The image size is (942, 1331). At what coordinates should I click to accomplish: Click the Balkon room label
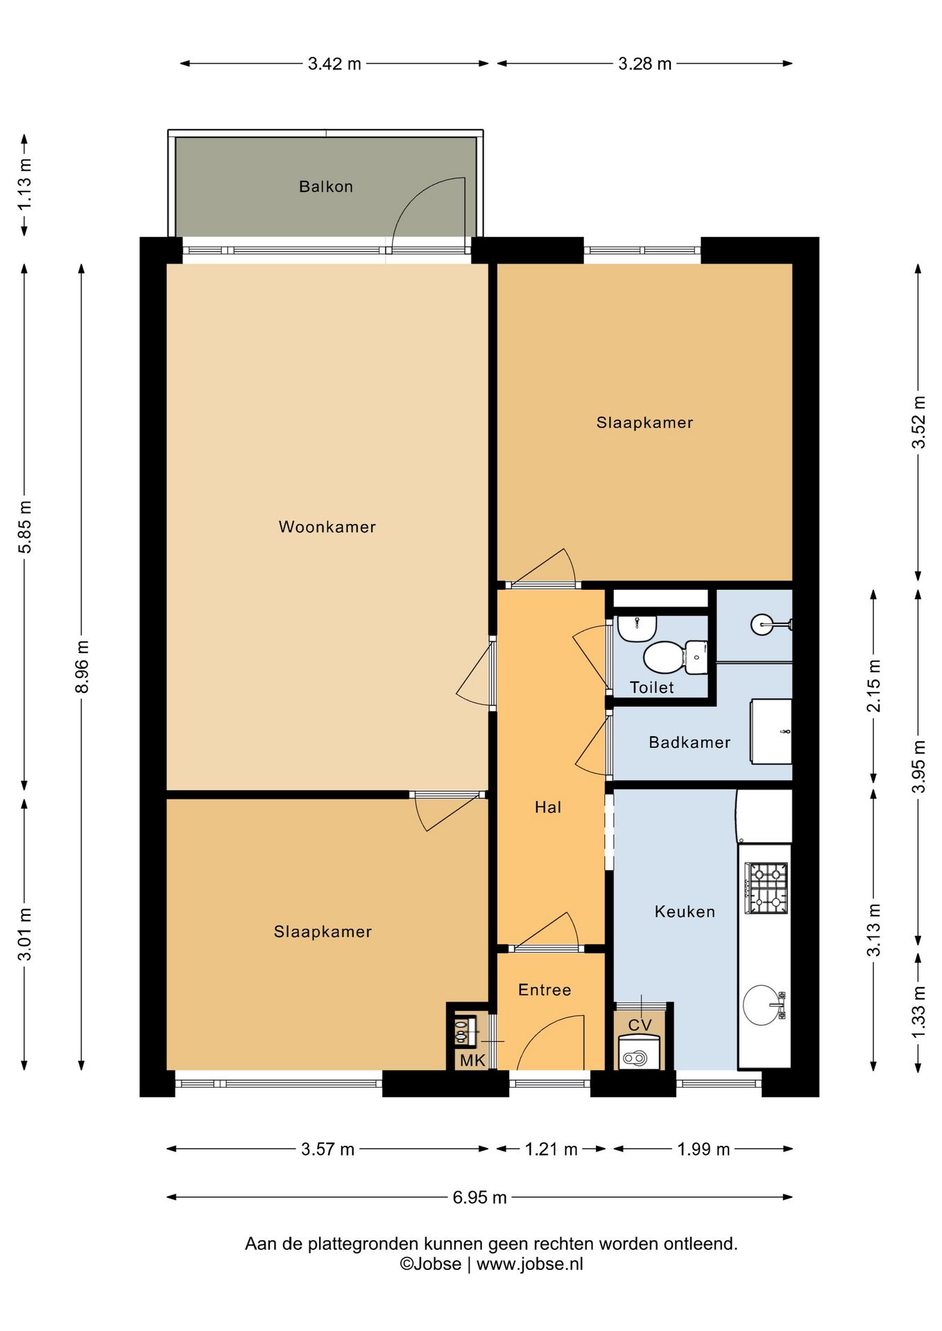tap(326, 186)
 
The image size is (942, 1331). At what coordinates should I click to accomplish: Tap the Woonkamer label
tap(327, 527)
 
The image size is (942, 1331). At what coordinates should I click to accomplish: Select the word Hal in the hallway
tap(548, 807)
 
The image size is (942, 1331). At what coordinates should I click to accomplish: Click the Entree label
tap(545, 990)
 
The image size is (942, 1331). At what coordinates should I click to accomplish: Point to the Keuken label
tap(685, 912)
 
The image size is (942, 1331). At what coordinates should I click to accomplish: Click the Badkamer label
tap(690, 742)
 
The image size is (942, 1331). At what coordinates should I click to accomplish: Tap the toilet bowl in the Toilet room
tap(675, 657)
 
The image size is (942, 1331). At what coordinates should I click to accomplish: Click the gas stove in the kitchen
tap(767, 888)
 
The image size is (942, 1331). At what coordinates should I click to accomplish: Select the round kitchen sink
tap(762, 1004)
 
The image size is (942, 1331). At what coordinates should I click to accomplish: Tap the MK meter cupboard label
tap(472, 1061)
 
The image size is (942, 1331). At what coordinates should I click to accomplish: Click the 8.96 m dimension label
tap(82, 667)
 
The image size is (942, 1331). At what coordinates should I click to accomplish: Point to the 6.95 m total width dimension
tap(479, 1197)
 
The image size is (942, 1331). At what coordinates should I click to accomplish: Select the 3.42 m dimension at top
tap(334, 64)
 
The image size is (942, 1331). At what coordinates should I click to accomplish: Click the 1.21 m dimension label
tap(551, 1149)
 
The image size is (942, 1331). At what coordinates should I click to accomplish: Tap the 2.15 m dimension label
tap(874, 686)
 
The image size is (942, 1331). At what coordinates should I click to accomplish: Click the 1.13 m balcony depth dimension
tap(25, 184)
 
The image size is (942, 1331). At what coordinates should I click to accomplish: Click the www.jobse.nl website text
tap(530, 1264)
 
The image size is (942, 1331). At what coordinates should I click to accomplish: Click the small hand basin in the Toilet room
tap(637, 628)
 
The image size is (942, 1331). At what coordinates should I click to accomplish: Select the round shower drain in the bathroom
tap(762, 625)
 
